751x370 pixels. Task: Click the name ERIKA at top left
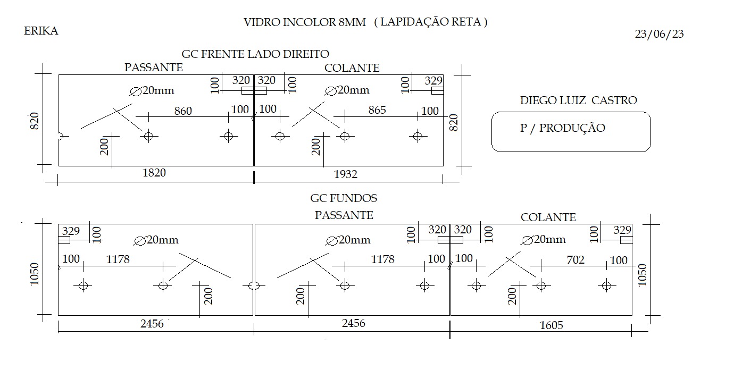tap(41, 31)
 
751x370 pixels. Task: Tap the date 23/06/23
tap(659, 34)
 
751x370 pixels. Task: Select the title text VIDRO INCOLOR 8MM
tap(304, 22)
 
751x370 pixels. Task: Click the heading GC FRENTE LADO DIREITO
tap(255, 54)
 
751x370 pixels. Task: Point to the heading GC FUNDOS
tap(344, 198)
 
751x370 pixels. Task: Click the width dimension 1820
tap(154, 173)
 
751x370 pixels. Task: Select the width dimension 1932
tap(346, 174)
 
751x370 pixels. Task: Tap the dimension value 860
tap(183, 111)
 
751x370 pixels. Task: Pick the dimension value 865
tap(377, 110)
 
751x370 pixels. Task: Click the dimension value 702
tap(575, 260)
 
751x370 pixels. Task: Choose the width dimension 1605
tap(551, 325)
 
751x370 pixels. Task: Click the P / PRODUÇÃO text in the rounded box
tap(563, 128)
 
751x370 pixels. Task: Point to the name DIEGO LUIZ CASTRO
tap(578, 100)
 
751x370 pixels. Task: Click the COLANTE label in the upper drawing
tap(352, 68)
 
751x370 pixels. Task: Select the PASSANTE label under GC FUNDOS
tap(344, 215)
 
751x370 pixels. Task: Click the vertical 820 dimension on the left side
tap(35, 121)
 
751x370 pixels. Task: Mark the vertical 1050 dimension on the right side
tap(642, 275)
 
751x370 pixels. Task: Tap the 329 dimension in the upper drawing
tap(433, 81)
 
